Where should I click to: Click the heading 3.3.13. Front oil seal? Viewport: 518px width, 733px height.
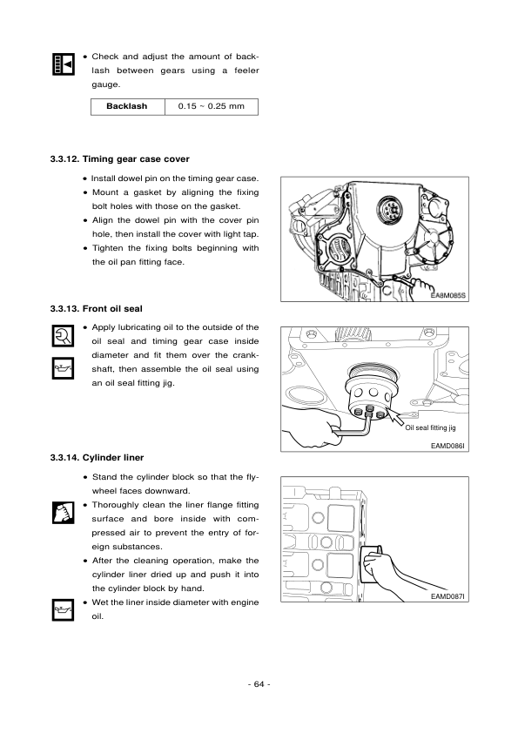97,308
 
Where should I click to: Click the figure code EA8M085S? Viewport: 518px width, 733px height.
449,295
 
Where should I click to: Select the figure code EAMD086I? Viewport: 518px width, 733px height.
449,446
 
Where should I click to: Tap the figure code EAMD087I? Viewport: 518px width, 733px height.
449,596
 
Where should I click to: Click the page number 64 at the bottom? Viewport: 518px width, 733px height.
259,683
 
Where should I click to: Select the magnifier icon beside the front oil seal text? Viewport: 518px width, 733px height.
62,335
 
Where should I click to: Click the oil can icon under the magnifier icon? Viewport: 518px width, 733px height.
62,367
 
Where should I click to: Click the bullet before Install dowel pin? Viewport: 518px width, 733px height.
84,178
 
